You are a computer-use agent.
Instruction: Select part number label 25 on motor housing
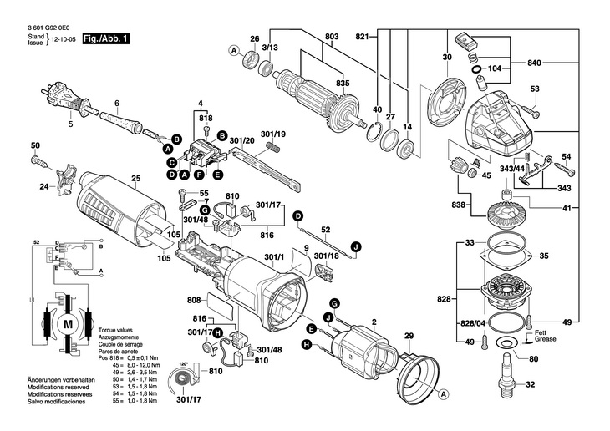[135, 177]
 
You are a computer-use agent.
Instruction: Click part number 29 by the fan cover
[409, 337]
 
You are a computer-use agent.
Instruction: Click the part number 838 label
[457, 205]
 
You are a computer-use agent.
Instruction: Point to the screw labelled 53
[534, 110]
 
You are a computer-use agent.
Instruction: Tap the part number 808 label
[193, 300]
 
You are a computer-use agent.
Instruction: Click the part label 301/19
[273, 134]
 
